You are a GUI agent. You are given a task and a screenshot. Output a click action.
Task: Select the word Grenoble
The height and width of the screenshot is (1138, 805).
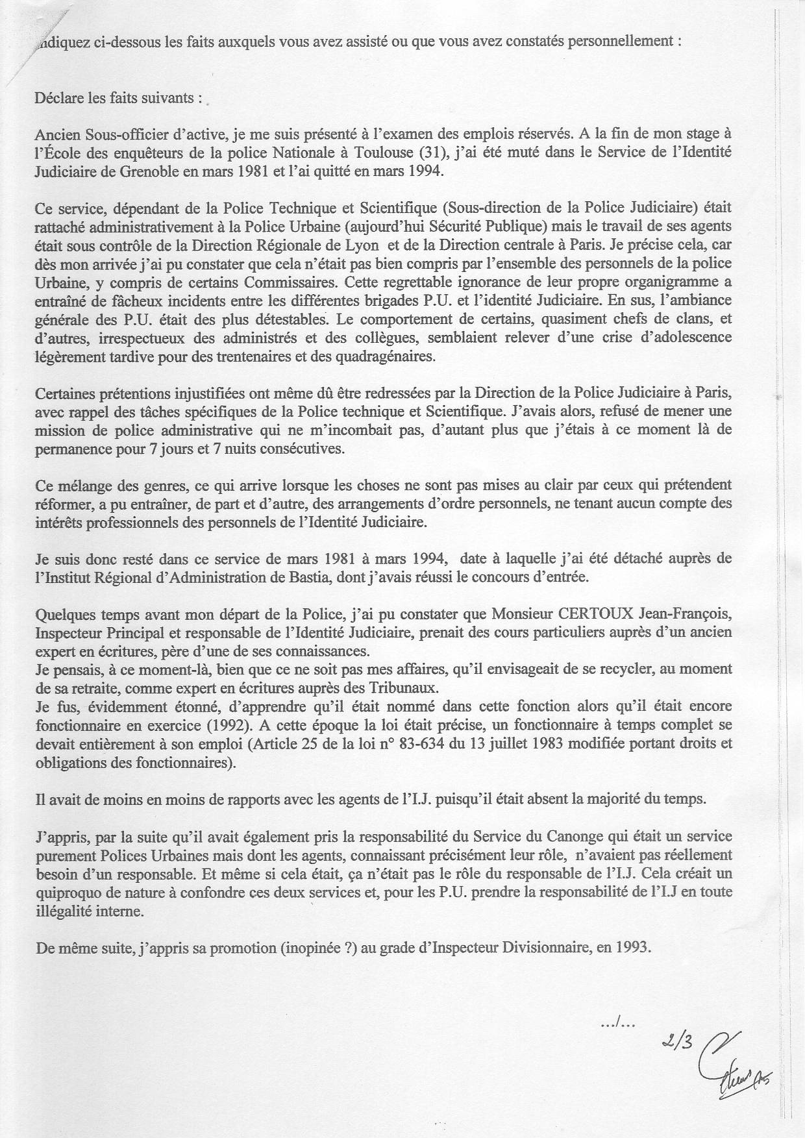pos(139,172)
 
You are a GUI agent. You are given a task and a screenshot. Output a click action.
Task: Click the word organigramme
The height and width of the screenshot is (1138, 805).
pos(675,284)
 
